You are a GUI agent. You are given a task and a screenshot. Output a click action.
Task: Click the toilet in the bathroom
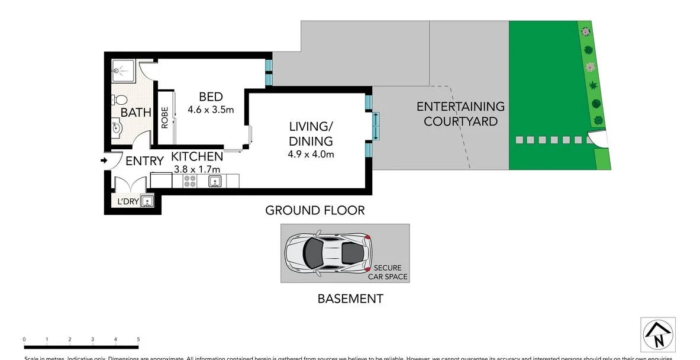[121, 99]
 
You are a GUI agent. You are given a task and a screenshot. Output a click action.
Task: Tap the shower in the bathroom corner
[124, 71]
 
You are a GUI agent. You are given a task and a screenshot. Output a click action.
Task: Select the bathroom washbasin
[117, 127]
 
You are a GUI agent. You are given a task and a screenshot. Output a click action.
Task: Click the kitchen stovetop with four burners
[191, 181]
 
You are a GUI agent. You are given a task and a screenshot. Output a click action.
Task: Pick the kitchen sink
[215, 181]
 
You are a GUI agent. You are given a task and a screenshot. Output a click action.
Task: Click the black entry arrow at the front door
[104, 160]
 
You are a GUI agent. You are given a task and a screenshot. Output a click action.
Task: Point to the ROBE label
[165, 117]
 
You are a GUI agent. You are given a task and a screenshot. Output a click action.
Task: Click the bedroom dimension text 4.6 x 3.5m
[211, 110]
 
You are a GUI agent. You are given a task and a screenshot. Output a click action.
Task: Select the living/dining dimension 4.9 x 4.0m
[311, 155]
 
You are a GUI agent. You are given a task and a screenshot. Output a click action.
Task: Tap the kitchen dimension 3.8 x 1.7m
[197, 169]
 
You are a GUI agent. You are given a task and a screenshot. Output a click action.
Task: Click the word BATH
[136, 112]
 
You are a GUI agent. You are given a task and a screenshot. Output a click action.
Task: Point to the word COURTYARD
[460, 121]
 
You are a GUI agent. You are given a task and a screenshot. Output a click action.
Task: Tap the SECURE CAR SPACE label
[387, 272]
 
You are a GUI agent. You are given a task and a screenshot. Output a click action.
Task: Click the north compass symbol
[658, 335]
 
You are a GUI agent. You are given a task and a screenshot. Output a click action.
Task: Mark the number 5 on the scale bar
[138, 339]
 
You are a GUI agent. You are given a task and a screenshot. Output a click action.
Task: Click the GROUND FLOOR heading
[315, 210]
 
